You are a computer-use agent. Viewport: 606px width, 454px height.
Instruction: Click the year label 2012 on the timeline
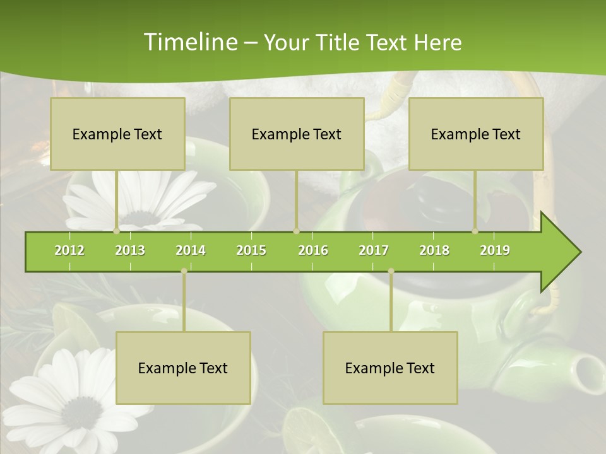coord(69,250)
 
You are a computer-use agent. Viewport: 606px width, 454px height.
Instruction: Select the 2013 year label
coord(130,250)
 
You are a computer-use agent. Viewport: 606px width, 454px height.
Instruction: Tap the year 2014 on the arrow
coord(191,250)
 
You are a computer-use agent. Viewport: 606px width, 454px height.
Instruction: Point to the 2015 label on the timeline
coord(251,250)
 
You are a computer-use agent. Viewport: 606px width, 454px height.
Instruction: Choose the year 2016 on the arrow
coord(313,250)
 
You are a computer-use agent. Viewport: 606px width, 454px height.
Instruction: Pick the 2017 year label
coord(374,250)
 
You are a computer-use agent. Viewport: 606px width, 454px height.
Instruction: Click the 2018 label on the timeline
coord(434,250)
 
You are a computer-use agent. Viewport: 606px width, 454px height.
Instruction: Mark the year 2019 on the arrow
coord(495,250)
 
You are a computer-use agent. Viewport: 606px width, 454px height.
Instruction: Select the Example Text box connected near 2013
coord(117,134)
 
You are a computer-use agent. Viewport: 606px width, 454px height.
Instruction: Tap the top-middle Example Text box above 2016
coord(297,134)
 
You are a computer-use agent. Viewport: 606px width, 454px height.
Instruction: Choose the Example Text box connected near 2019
coord(476,134)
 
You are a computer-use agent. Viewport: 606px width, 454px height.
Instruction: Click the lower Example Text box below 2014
coord(183,368)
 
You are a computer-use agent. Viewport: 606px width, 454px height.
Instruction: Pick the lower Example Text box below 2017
coord(390,368)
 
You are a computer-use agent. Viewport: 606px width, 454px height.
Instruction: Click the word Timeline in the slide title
coord(189,42)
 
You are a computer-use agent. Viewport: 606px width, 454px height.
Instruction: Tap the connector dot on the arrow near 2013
coord(117,231)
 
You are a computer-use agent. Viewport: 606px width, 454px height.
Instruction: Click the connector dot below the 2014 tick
coord(184,271)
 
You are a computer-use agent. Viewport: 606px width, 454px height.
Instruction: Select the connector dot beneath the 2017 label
coord(391,271)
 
